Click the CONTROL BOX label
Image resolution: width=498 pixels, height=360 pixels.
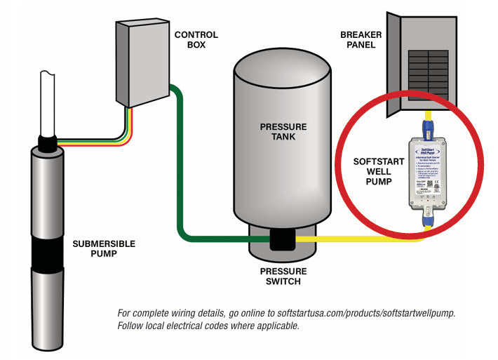[196, 39]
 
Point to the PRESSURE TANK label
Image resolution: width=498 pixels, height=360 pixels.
[283, 131]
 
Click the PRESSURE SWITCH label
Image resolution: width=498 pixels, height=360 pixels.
[283, 276]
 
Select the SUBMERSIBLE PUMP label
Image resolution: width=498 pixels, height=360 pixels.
[104, 249]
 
